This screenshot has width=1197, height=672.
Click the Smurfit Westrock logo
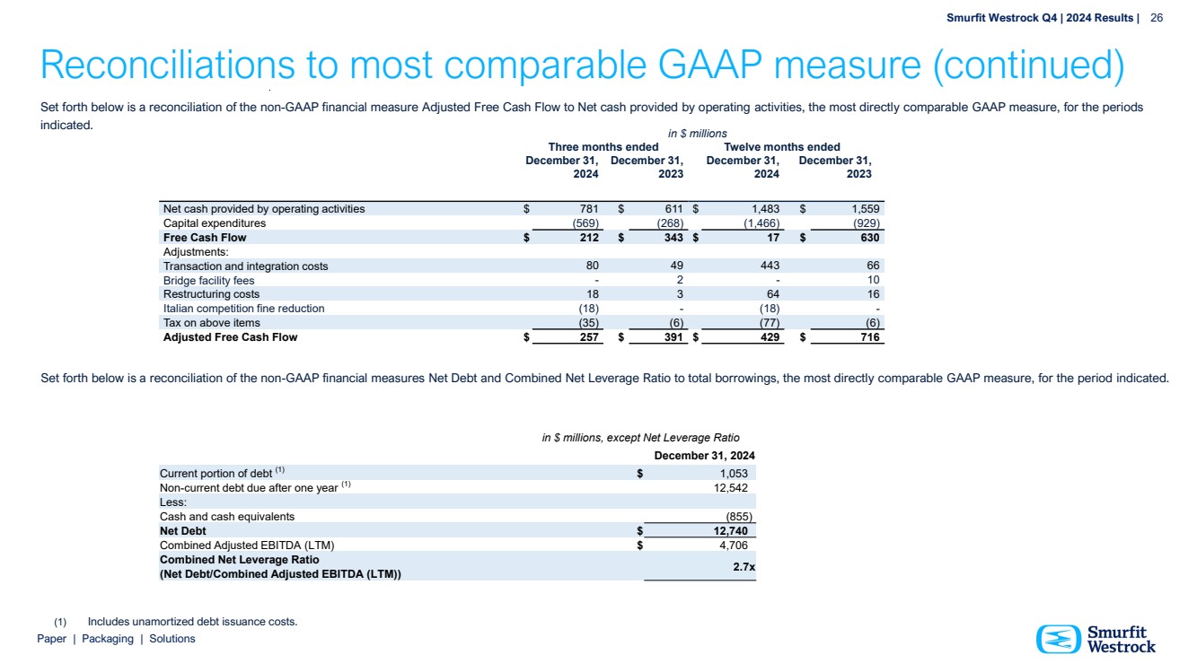point(1096,639)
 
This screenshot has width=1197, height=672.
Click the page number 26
point(1157,18)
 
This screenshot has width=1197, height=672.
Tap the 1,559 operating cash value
point(864,209)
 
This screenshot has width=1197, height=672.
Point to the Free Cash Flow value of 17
point(773,238)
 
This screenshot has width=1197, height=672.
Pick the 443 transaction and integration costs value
point(769,266)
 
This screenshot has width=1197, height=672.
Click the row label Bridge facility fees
point(208,280)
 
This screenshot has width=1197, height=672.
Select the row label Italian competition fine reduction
point(243,309)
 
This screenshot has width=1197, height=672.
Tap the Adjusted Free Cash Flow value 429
point(769,337)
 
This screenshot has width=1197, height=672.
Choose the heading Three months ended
point(603,147)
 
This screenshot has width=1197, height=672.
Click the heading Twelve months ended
point(781,147)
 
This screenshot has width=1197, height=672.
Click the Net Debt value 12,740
point(728,530)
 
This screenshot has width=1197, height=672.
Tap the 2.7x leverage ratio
point(743,566)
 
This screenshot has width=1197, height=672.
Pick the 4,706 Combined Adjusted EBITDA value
point(731,545)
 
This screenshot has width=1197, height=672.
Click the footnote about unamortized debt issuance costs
point(192,622)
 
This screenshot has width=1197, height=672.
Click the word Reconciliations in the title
point(168,65)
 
